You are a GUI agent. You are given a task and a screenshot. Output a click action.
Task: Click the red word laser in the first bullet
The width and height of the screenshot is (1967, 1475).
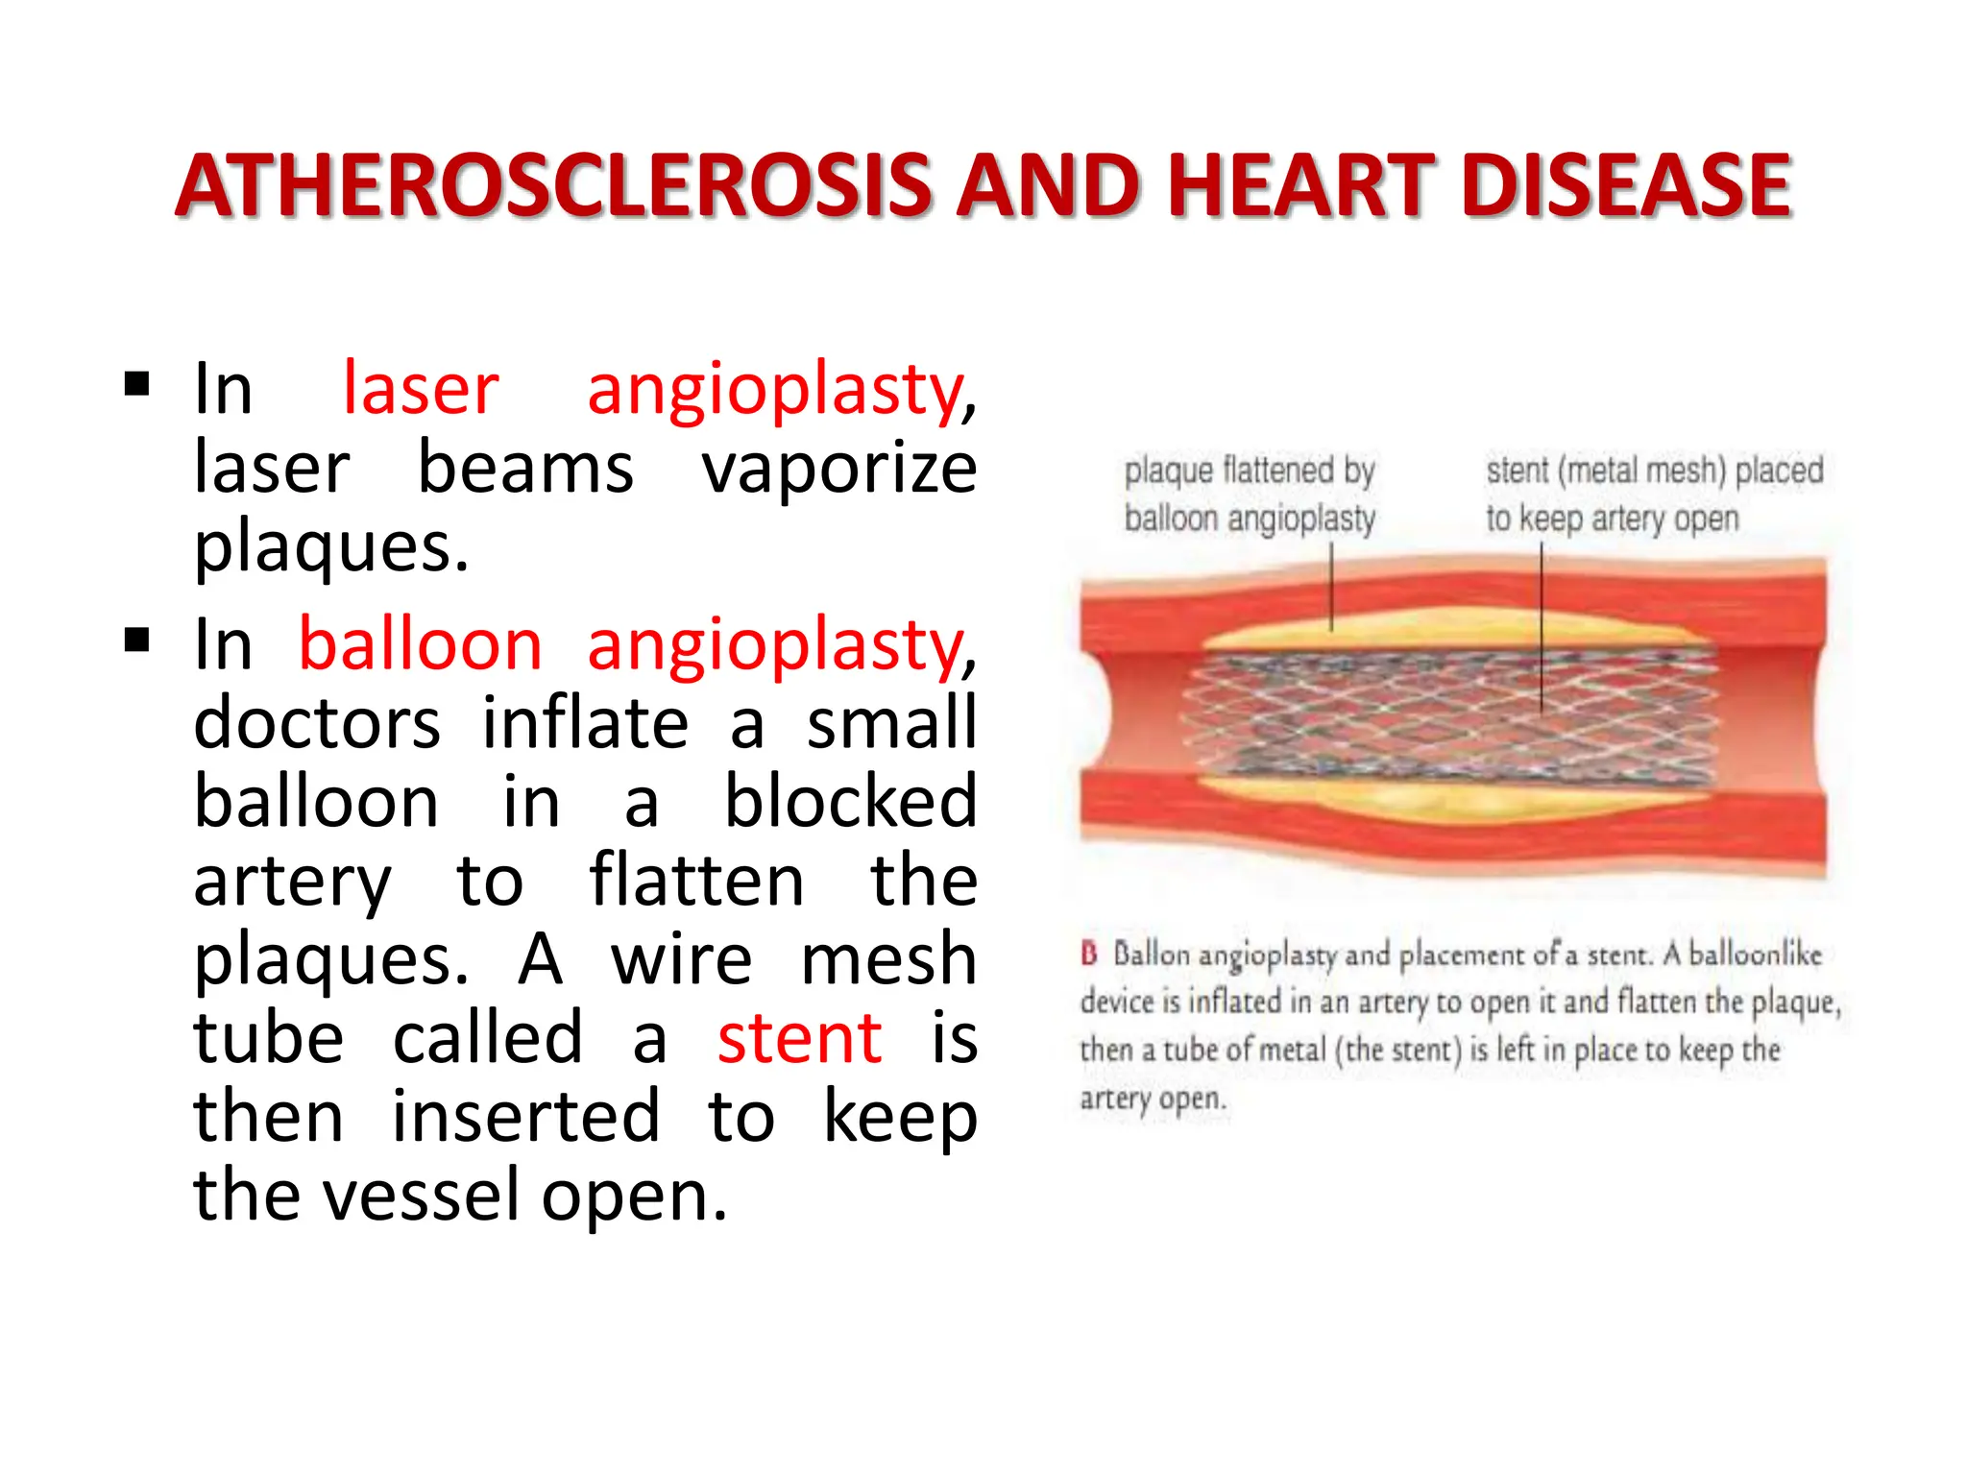[421, 389]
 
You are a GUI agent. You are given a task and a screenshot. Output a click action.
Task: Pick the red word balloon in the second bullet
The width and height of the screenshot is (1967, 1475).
[421, 644]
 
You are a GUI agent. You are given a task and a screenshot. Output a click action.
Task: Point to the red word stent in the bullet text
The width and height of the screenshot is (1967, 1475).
[799, 1038]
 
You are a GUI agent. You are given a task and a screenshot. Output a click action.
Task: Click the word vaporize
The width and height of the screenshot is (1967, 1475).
[839, 469]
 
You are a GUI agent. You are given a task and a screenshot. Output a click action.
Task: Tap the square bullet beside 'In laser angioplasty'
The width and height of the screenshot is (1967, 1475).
[137, 385]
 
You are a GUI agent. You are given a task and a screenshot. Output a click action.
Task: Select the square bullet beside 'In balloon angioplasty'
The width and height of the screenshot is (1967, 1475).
[137, 640]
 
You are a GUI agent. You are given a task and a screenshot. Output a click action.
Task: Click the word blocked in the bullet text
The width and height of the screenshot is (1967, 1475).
[850, 802]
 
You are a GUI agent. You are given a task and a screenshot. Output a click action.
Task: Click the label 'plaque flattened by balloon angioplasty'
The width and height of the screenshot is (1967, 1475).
[1250, 495]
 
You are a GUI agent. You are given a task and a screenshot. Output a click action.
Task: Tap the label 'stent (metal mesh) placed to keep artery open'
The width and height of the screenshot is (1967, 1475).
[1653, 495]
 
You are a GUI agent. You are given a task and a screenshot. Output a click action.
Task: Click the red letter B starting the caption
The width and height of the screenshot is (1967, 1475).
[1089, 954]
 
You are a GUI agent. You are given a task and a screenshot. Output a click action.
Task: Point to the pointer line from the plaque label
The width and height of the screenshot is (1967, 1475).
[1331, 586]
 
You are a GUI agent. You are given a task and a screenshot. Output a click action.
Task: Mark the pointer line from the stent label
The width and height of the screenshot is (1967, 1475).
[1542, 624]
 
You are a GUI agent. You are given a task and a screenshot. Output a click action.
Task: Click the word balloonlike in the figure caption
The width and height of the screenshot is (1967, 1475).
[1755, 955]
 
